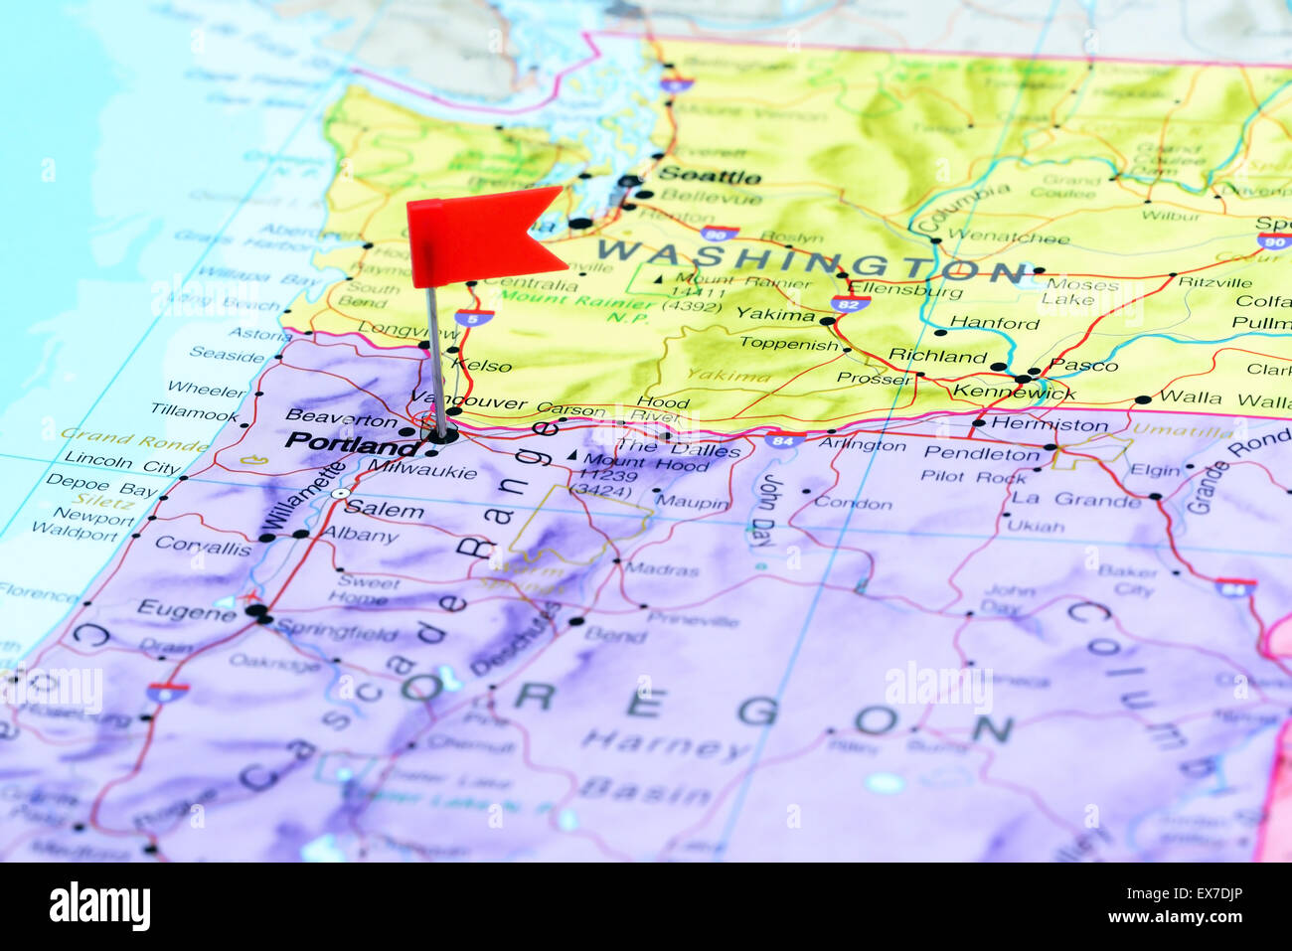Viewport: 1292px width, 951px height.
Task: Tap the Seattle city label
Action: (710, 177)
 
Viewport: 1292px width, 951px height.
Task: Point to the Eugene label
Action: (186, 609)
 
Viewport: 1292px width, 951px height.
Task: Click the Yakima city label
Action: (775, 315)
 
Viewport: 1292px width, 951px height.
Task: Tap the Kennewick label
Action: (1013, 393)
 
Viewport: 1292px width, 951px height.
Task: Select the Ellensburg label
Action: (905, 292)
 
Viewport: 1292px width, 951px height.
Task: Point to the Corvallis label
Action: (203, 548)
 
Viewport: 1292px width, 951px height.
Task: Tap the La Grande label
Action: (1075, 500)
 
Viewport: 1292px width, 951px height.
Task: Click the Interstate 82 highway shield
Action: (851, 303)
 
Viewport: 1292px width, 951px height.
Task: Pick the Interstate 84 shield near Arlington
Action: (784, 438)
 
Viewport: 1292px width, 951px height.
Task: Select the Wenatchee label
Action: (1008, 238)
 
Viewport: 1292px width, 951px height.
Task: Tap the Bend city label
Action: (615, 633)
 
